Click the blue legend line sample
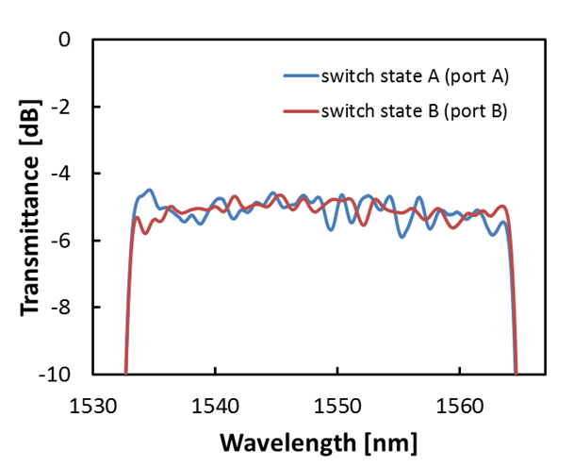300,75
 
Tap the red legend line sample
300,111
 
